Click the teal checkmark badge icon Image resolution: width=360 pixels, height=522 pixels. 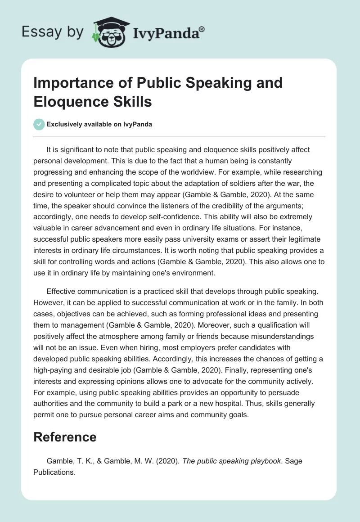point(40,125)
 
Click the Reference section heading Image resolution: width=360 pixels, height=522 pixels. point(65,437)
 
